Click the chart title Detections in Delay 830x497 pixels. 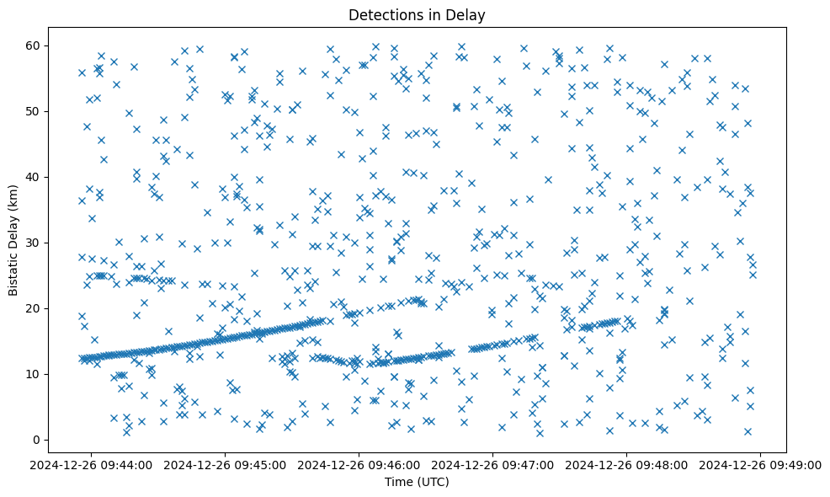(417, 14)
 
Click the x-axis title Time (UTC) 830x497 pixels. (417, 483)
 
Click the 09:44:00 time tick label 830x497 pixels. (92, 464)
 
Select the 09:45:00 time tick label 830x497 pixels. (226, 464)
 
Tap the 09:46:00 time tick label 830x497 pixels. (359, 464)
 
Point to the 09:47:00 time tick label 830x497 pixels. (493, 464)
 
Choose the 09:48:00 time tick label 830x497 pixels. (627, 464)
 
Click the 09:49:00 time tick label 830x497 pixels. (761, 464)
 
